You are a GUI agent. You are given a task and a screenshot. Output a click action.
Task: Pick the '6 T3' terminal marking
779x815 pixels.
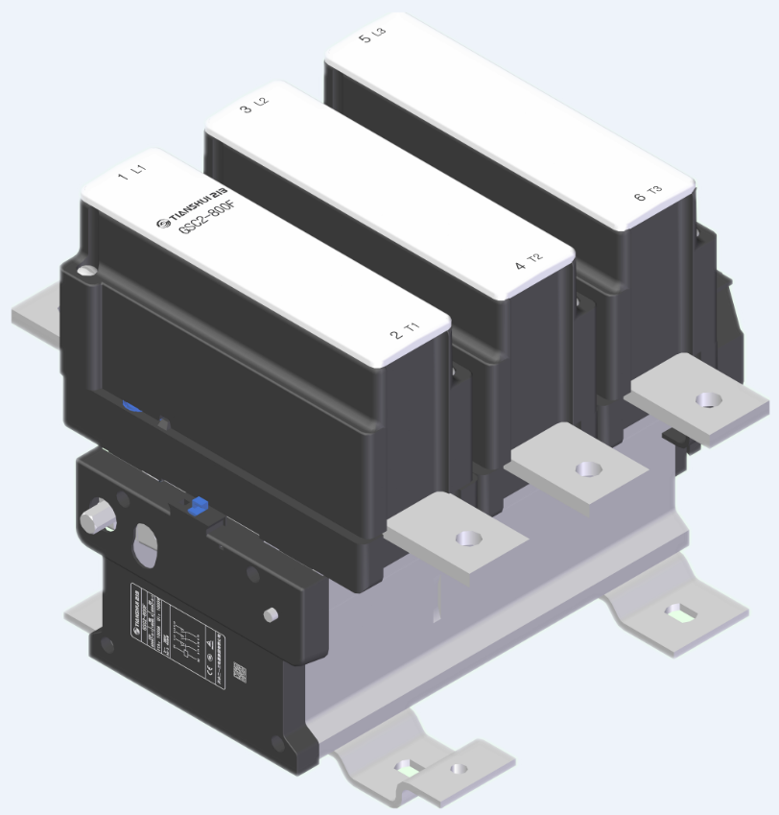coord(649,195)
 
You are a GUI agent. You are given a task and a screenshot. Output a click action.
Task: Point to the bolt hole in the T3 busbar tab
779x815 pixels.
coord(707,398)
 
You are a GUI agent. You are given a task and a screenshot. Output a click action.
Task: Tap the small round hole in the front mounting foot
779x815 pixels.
coord(459,768)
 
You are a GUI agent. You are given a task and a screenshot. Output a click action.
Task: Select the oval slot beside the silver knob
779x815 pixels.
coord(146,545)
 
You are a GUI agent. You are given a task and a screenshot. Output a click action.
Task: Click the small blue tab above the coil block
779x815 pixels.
coord(198,505)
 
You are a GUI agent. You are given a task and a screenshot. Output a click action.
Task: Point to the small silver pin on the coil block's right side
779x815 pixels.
coord(271,613)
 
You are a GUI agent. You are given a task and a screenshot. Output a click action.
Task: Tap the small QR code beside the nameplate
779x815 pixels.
coord(241,674)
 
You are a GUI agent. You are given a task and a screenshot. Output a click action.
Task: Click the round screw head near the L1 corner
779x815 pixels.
coord(88,274)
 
